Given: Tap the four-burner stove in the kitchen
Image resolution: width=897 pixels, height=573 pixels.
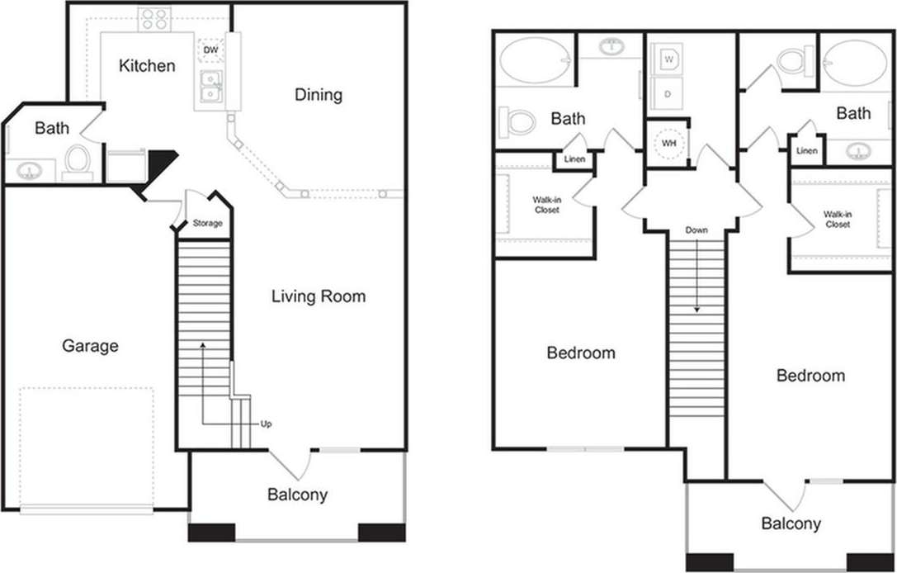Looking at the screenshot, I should click(154, 19).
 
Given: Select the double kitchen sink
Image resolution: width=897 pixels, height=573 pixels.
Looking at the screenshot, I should click(211, 88).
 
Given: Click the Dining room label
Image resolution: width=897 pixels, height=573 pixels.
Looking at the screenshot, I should click(319, 95).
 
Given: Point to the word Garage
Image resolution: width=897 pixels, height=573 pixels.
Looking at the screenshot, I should click(90, 346).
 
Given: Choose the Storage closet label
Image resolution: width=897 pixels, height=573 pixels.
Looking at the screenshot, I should click(207, 224).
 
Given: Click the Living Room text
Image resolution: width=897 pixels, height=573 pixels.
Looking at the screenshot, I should click(319, 296).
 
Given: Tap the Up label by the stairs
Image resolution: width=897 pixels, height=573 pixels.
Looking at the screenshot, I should click(266, 424).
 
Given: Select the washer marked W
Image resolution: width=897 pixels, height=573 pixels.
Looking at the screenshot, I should click(668, 59).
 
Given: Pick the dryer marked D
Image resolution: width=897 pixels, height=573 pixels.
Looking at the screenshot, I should click(668, 94).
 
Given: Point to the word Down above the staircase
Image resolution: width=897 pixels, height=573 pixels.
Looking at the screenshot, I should click(696, 230).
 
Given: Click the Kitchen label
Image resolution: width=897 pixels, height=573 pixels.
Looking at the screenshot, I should click(147, 65).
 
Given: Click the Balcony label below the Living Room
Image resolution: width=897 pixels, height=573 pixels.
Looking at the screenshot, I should click(297, 495).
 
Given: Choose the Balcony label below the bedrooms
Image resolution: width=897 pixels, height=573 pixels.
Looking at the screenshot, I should click(791, 523).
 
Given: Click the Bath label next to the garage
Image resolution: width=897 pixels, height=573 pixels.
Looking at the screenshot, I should click(52, 128).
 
